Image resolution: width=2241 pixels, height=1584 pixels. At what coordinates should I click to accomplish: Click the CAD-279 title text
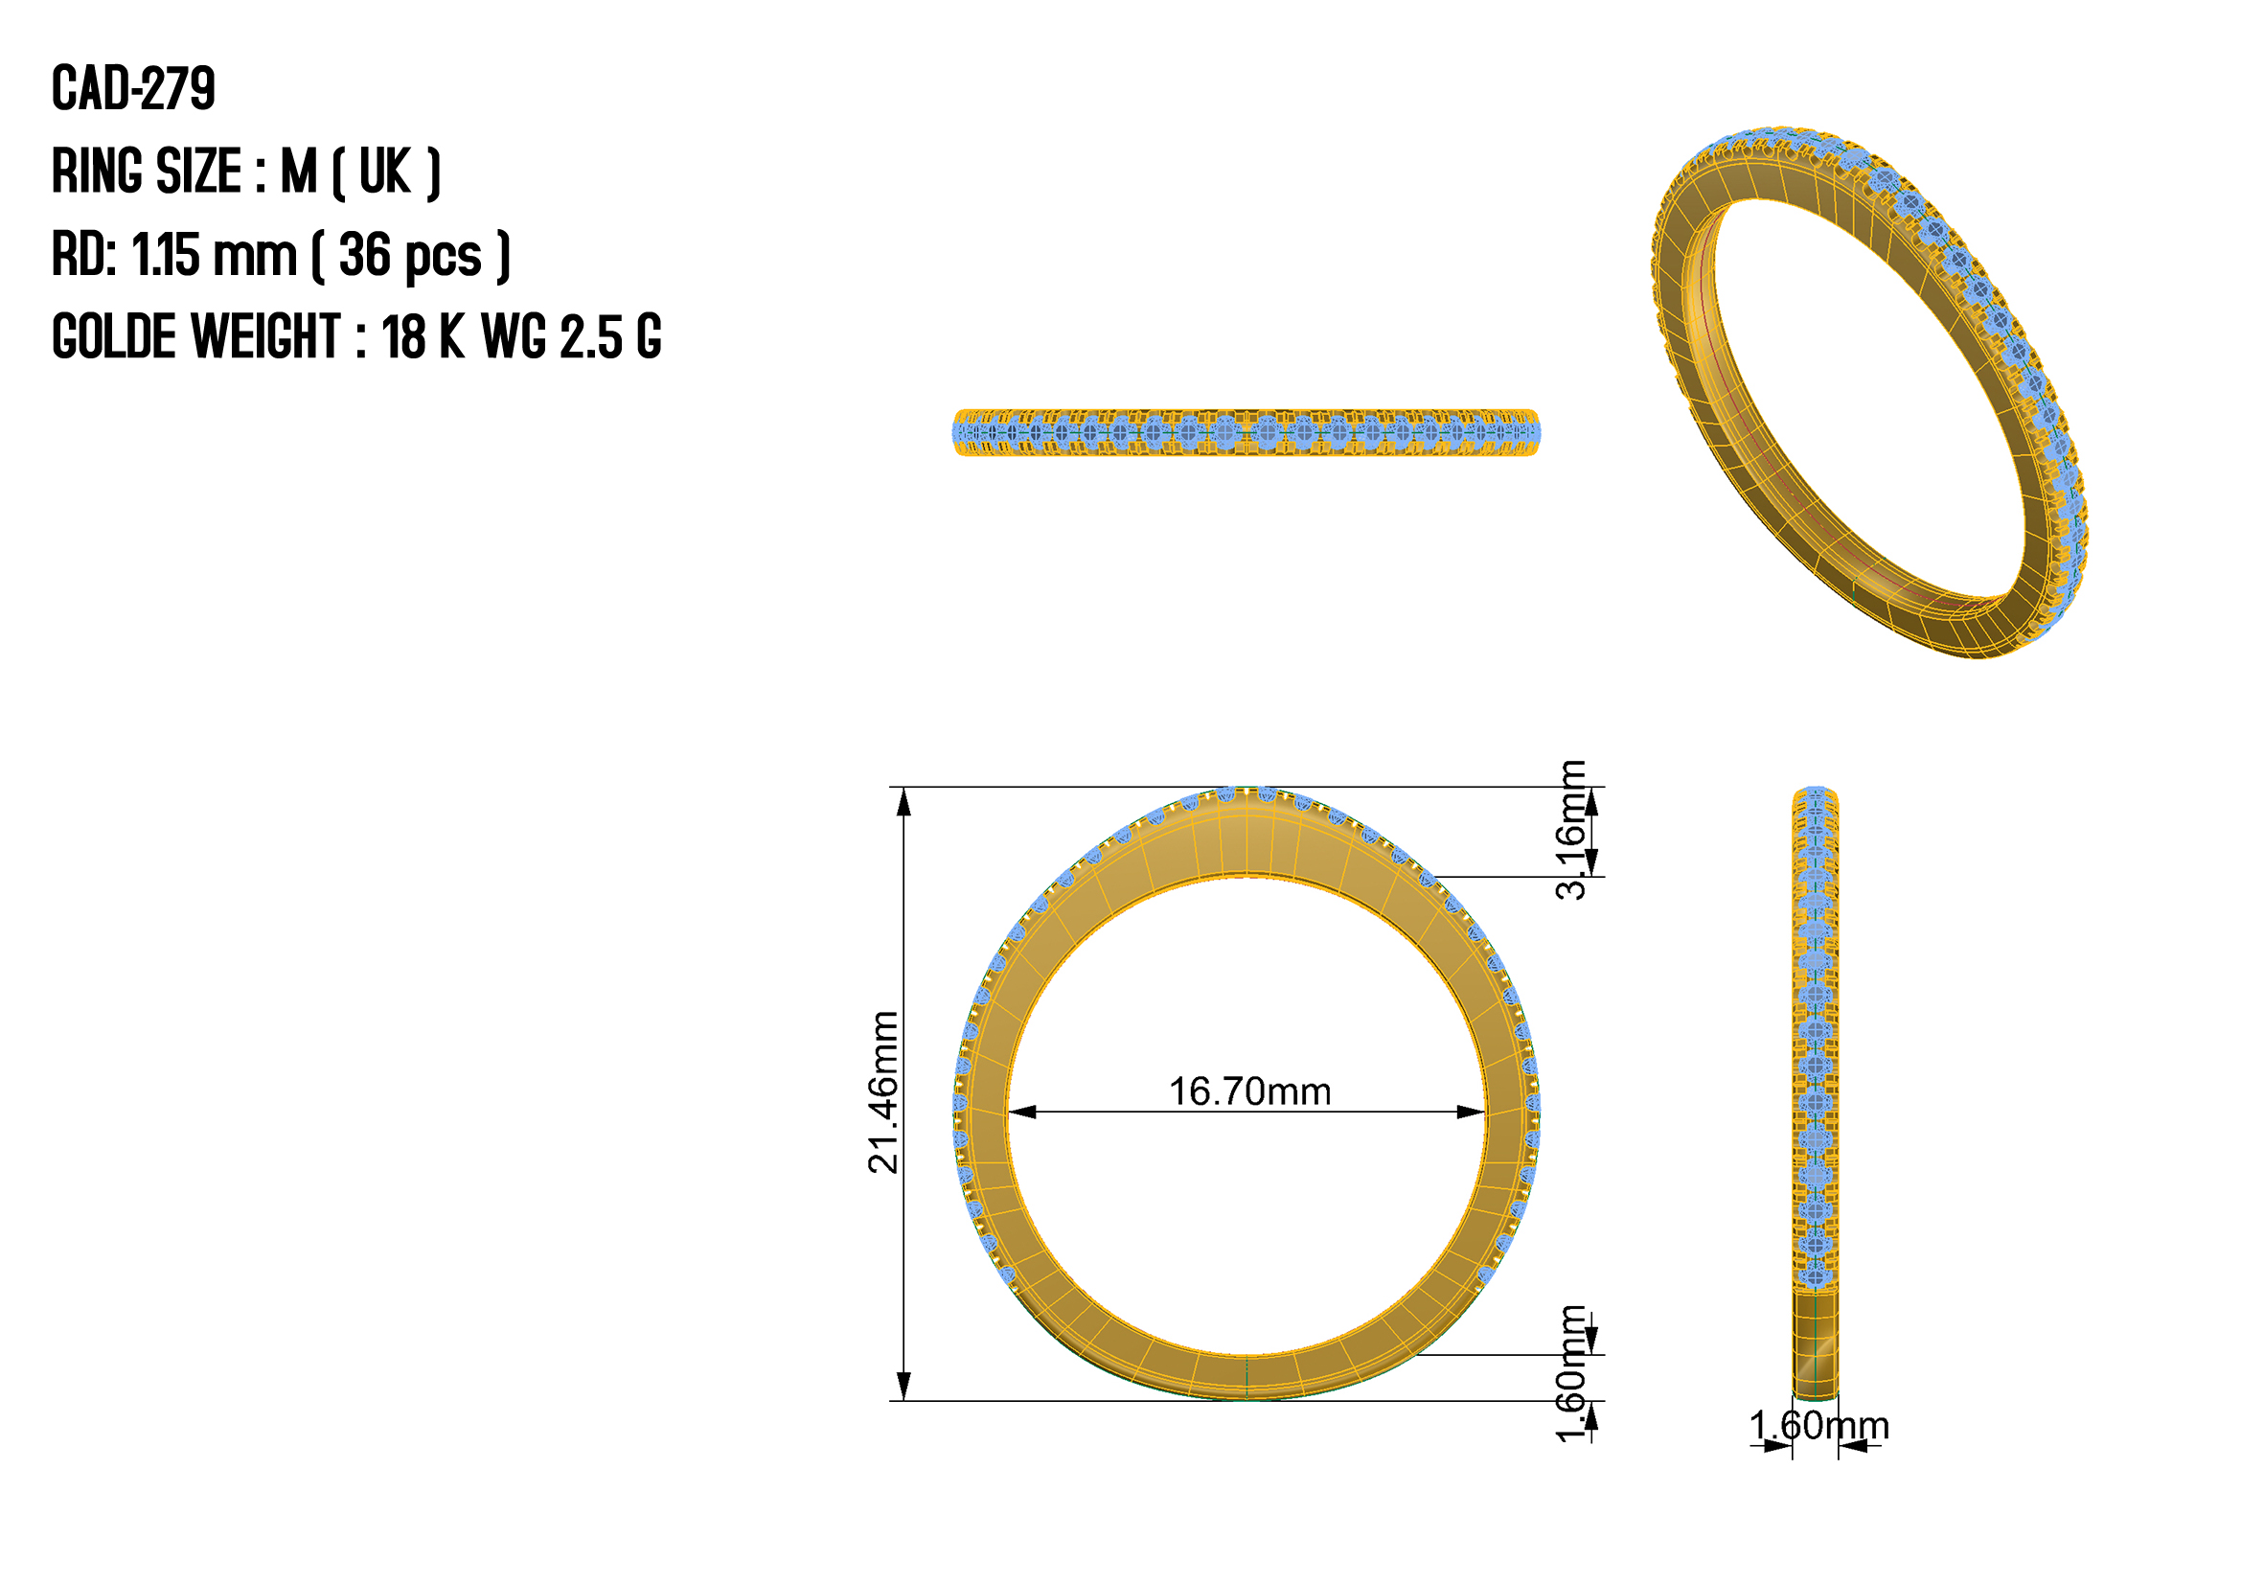click(x=133, y=89)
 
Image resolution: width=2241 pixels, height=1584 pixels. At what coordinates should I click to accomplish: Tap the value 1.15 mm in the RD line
click(x=214, y=255)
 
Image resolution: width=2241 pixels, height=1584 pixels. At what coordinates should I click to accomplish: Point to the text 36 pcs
click(x=410, y=256)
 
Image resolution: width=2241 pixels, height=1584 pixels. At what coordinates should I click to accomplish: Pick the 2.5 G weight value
click(x=611, y=337)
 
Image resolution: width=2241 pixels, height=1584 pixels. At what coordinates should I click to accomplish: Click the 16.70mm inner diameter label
click(x=1249, y=1091)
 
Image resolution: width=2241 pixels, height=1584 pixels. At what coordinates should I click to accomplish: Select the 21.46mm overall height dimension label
click(x=883, y=1092)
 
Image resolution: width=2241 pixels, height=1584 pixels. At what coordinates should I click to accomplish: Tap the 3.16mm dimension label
click(x=1571, y=830)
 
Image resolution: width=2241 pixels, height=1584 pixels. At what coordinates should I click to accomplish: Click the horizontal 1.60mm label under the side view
click(x=1818, y=1426)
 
